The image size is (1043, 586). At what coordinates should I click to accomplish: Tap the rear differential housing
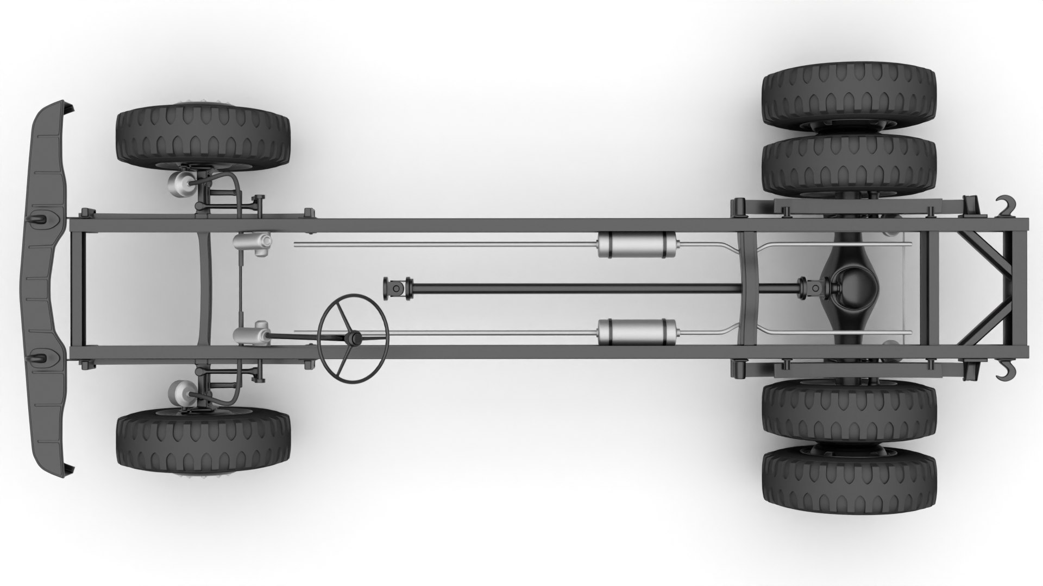pos(850,288)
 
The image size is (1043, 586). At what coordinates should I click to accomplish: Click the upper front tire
pos(203,136)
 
